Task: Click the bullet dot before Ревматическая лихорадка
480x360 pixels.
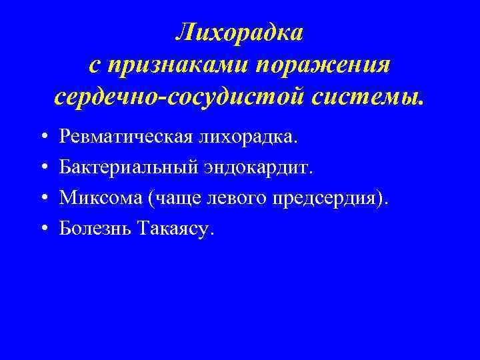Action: (42, 137)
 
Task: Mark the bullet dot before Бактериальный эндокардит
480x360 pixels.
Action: (42, 168)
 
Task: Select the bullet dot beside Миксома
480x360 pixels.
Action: (42, 199)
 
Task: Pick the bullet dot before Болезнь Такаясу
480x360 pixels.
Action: (42, 229)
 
